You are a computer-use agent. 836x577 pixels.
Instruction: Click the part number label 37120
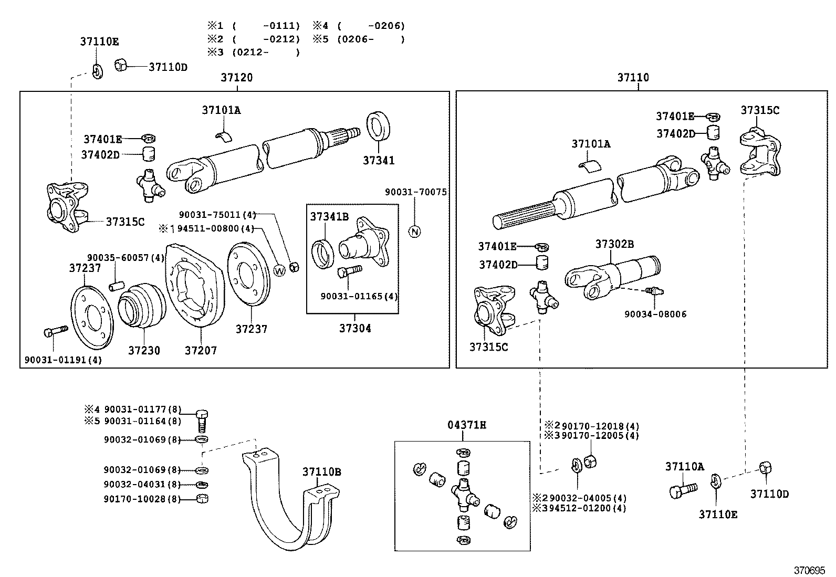pos(236,78)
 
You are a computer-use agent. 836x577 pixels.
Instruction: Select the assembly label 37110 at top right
pos(633,78)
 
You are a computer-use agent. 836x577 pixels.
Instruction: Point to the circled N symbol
pos(415,232)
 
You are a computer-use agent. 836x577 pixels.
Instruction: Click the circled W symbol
pos(280,270)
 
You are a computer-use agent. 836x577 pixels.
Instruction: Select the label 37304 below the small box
pos(355,329)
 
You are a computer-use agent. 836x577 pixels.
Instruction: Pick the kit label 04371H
pos(467,425)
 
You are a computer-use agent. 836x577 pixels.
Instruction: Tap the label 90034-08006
pos(655,314)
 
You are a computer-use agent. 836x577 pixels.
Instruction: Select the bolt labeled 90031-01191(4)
pos(54,332)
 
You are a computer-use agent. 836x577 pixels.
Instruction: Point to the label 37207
pos(201,350)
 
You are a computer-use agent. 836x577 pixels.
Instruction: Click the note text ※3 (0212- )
pos(253,53)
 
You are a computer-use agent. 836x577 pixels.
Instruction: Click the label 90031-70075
pos(416,193)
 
